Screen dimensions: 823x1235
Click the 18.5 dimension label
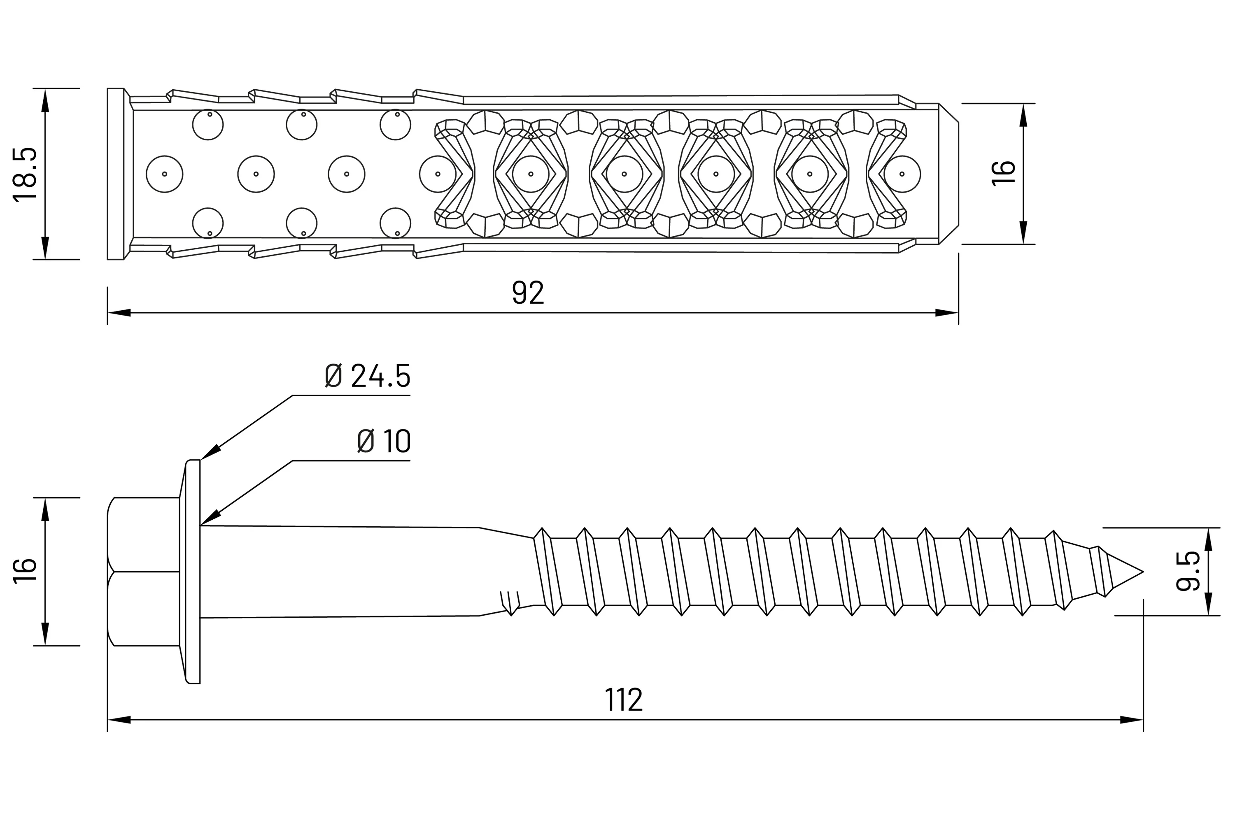25,174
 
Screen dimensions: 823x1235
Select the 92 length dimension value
528,293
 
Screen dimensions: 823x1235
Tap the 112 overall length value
623,700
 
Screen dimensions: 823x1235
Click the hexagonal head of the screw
143,571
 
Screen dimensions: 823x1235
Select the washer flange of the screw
192,571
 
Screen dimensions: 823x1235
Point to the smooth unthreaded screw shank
341,571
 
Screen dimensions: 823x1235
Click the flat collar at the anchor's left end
116,174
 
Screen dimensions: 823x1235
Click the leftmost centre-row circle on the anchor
164,174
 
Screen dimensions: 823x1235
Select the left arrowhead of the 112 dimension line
120,720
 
